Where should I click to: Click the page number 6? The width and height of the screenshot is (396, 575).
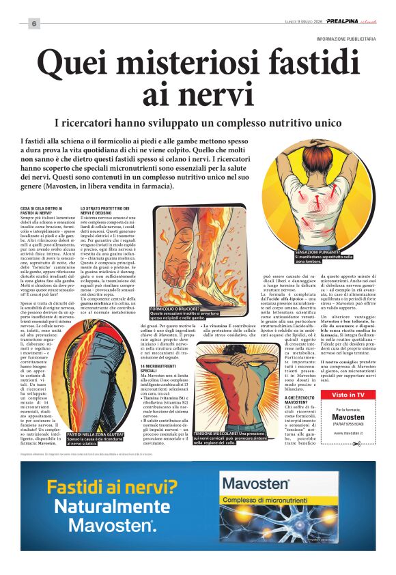(33, 23)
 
